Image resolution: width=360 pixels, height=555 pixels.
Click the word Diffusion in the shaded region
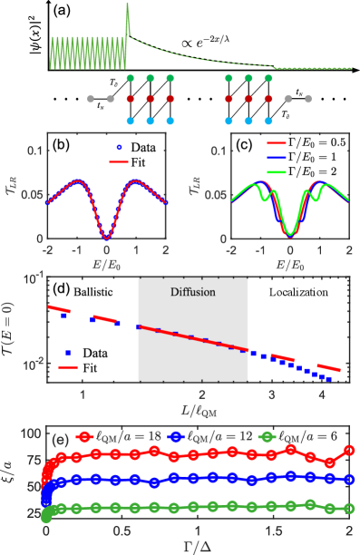pos(192,293)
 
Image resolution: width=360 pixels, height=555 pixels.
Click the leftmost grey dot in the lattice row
pos(91,99)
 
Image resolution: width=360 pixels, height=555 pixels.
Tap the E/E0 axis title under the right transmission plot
pos(289,264)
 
